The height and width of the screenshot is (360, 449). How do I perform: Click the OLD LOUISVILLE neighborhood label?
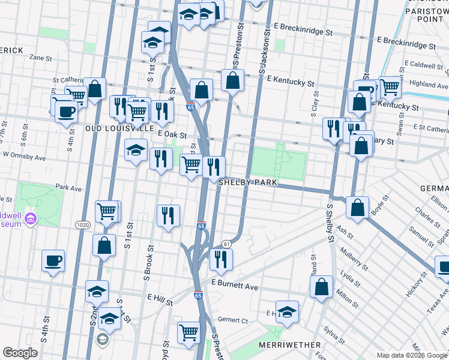tap(120, 128)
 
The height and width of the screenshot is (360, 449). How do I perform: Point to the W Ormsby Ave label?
tap(25, 157)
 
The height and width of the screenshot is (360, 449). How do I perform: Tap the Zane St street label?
tap(41, 58)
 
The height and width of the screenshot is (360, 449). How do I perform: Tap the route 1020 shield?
tap(83, 224)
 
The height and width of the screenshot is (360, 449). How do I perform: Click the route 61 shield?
tap(226, 244)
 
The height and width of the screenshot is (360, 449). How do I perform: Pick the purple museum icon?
tap(30, 220)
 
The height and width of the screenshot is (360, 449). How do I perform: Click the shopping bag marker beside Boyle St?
tap(357, 208)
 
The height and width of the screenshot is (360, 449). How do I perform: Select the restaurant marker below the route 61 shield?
tap(221, 259)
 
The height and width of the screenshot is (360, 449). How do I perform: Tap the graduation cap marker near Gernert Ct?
tap(288, 311)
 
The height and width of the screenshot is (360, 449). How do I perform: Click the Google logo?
tap(20, 353)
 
